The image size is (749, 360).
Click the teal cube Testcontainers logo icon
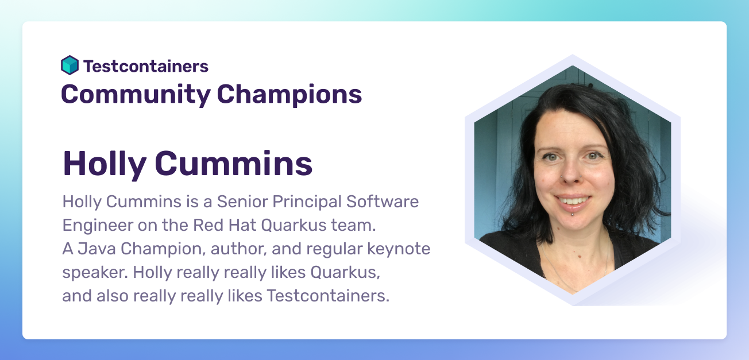[x=70, y=65]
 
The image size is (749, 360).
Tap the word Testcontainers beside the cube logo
[x=146, y=66]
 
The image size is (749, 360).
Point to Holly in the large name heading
[x=104, y=164]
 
